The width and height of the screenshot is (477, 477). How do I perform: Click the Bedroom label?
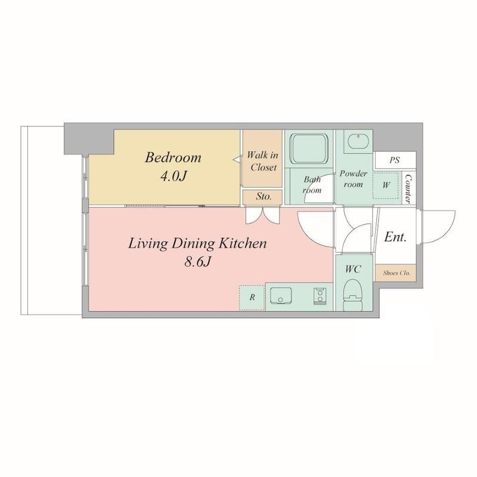click(x=173, y=157)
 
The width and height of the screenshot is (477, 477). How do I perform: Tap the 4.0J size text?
click(x=173, y=176)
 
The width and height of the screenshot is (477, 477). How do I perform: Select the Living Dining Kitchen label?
click(x=197, y=244)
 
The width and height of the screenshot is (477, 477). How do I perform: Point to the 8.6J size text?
click(x=197, y=262)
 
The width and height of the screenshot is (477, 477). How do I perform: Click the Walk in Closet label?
click(x=263, y=161)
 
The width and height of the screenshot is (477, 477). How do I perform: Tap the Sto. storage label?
click(x=264, y=196)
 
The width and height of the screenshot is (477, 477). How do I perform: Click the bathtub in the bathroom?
click(x=308, y=149)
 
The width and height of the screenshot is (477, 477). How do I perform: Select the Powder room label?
click(x=353, y=178)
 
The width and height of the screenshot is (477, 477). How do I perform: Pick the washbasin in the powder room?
click(x=358, y=141)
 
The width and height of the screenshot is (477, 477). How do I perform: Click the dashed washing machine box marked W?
click(x=386, y=185)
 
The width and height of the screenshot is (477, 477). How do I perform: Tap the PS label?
click(x=395, y=160)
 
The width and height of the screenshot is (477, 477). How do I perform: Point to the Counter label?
click(x=409, y=189)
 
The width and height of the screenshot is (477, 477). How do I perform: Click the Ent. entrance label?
click(x=395, y=237)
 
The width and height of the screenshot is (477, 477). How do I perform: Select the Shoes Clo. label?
click(x=397, y=273)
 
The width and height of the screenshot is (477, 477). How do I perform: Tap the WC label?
click(x=353, y=269)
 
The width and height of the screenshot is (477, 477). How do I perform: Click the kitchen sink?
click(x=281, y=296)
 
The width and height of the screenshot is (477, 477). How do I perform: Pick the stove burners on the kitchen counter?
click(x=320, y=296)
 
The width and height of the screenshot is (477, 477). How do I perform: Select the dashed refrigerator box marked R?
click(x=252, y=298)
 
